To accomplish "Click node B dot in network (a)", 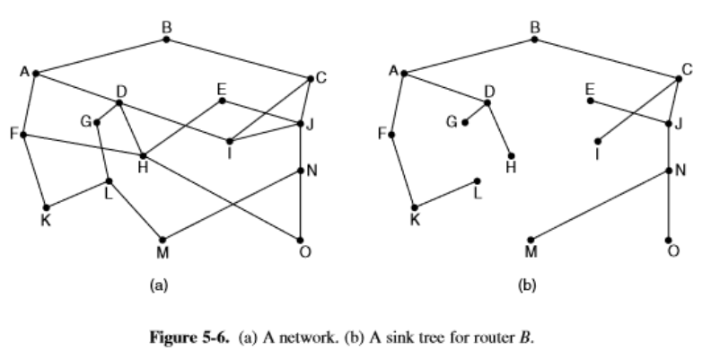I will pyautogui.click(x=166, y=39).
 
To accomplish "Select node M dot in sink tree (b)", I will pyautogui.click(x=531, y=240).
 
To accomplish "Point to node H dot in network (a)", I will pyautogui.click(x=142, y=155).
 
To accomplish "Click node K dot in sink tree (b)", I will pyautogui.click(x=415, y=206).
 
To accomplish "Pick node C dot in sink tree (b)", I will pyautogui.click(x=679, y=78).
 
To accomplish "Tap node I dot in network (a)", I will pyautogui.click(x=230, y=141).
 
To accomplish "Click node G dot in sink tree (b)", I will pyautogui.click(x=465, y=122).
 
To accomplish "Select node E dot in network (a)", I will pyautogui.click(x=222, y=100).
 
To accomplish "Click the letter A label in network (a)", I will pyautogui.click(x=24, y=71).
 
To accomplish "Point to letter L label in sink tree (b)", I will pyautogui.click(x=478, y=196).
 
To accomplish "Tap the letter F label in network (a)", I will pyautogui.click(x=13, y=134).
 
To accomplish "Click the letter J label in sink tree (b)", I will pyautogui.click(x=680, y=124).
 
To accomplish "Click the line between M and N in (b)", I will pyautogui.click(x=600, y=206).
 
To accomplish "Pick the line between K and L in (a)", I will pyautogui.click(x=77, y=193).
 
